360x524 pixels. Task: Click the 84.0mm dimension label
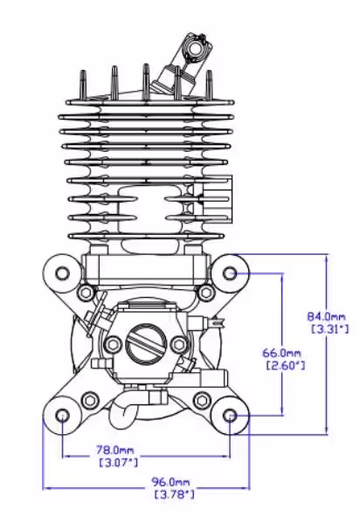[x=326, y=316]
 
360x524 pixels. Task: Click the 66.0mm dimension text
[x=281, y=353]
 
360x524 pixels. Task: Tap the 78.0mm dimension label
[x=115, y=450]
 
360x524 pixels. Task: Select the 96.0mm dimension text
[x=170, y=482]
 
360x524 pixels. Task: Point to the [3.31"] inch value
[x=330, y=329]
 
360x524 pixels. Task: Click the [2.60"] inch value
[x=286, y=365]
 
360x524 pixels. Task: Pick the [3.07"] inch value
[x=119, y=463]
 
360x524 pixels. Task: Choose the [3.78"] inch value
[x=175, y=494]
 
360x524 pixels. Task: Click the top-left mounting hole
[x=63, y=273]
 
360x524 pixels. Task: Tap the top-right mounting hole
[x=230, y=273]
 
